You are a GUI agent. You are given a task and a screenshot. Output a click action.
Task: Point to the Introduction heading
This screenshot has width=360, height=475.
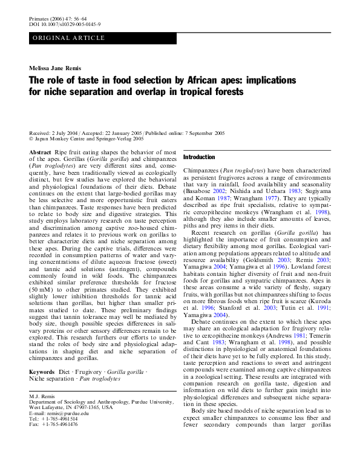[199, 157]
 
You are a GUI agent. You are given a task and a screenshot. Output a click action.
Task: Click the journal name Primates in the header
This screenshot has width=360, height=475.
[39, 19]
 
